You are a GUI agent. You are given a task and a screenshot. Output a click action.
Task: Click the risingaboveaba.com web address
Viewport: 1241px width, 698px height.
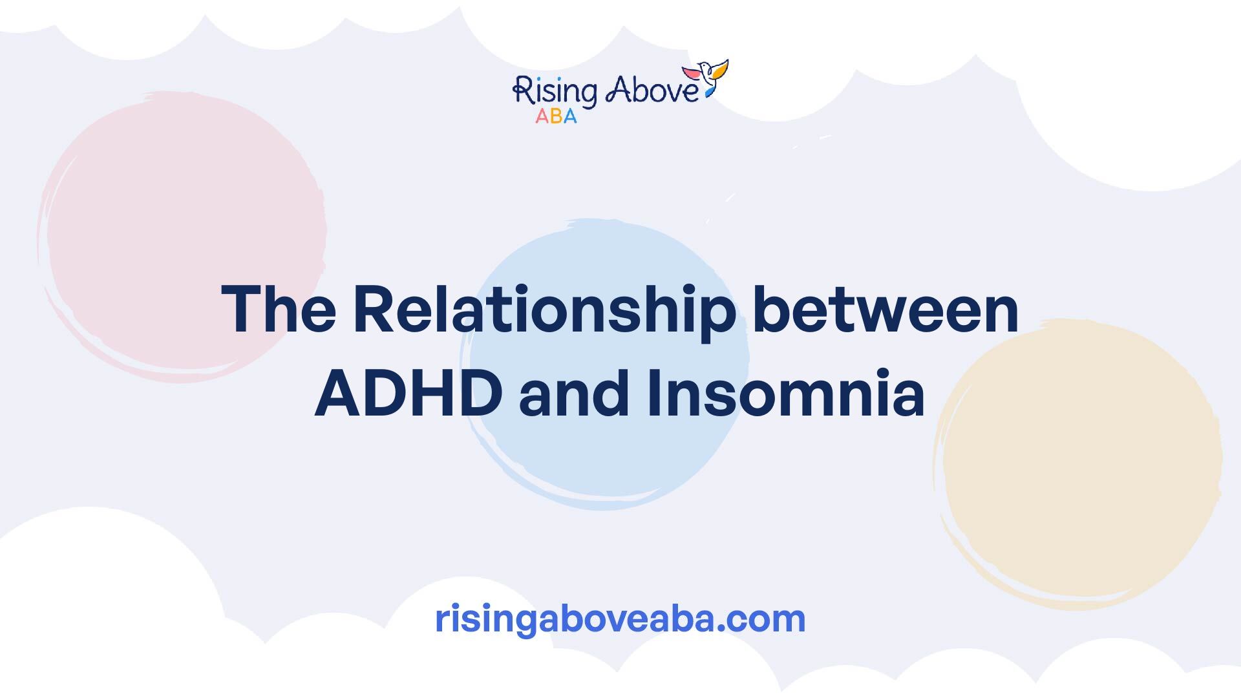click(620, 619)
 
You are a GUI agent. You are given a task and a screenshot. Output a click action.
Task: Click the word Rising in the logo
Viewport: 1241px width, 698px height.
click(554, 92)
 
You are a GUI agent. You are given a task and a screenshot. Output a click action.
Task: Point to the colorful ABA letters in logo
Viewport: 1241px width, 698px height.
click(556, 116)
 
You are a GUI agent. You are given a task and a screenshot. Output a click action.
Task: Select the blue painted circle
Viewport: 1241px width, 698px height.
click(606, 364)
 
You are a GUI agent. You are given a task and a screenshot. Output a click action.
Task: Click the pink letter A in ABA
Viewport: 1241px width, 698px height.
click(542, 116)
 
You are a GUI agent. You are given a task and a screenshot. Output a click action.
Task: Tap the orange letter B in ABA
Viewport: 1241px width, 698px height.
click(556, 116)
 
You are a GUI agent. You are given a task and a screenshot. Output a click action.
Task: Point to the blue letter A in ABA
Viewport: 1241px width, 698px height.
click(570, 116)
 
